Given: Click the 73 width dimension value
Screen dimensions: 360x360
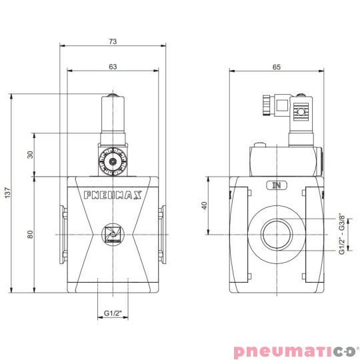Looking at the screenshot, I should (113, 41).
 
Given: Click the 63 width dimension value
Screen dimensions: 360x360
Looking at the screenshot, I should (113, 66).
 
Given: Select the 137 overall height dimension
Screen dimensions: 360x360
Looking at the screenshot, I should (8, 193).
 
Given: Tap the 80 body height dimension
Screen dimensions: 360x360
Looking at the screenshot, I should (30, 234).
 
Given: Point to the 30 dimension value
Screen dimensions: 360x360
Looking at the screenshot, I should (30, 155).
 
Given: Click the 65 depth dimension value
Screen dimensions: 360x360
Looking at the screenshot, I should (277, 66).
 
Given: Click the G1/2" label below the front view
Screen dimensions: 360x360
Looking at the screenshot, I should (113, 312).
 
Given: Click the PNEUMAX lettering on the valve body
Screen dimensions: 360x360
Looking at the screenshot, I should (113, 196).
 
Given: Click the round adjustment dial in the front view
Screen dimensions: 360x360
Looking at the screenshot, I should (113, 161).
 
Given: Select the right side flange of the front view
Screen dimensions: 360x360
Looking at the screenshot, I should (161, 234).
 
